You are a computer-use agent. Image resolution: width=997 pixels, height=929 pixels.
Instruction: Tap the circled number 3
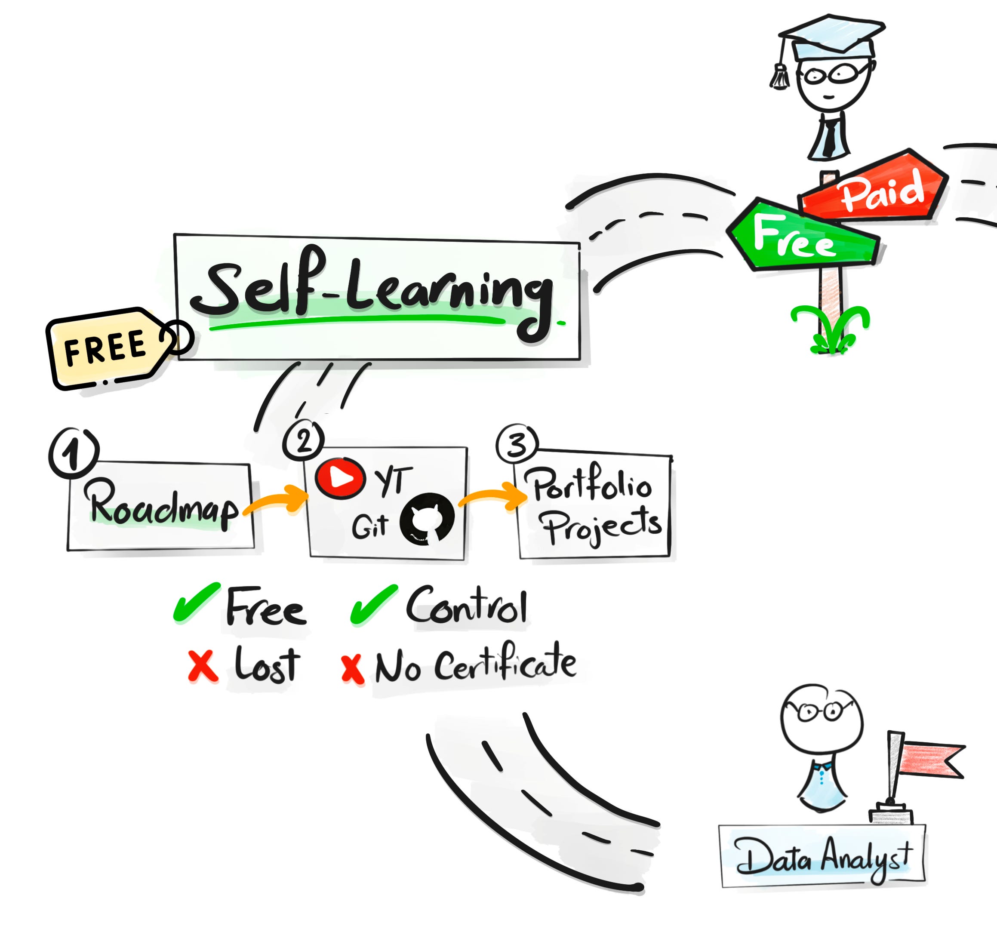click(x=517, y=444)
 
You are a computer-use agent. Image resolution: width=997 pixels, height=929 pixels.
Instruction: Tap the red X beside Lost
click(x=203, y=666)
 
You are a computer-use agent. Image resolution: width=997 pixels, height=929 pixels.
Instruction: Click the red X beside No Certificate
click(x=353, y=669)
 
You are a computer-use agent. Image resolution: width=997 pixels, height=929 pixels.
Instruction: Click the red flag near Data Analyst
click(x=931, y=760)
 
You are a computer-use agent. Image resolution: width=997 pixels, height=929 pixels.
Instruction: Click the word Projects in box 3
click(x=602, y=527)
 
